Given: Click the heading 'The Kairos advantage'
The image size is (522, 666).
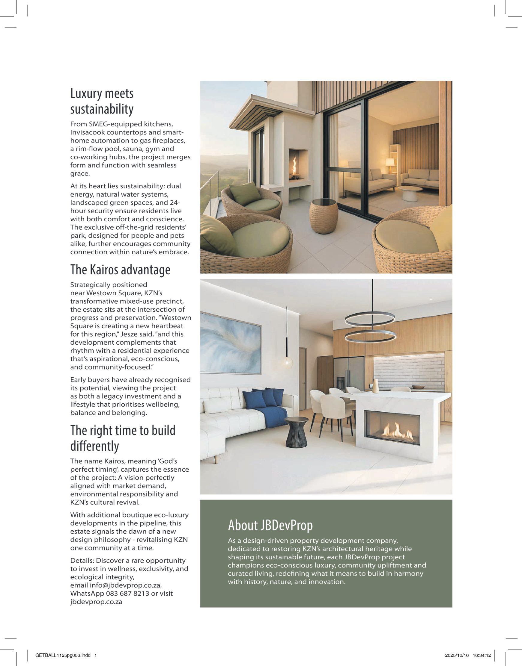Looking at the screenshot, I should (120, 270).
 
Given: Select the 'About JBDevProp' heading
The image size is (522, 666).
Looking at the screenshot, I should (270, 525).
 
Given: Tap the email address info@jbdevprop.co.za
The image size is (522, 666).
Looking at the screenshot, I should (125, 585).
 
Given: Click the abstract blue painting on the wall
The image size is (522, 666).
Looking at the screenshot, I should (231, 343).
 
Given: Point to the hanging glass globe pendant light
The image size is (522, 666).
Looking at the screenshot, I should (287, 363).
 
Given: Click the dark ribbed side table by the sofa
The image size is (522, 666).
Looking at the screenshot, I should (296, 432).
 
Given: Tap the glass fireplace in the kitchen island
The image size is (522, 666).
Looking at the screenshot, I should (392, 427).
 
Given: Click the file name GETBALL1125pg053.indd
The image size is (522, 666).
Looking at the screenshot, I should (63, 655).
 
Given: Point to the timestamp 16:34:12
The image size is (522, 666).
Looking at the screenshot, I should (482, 655).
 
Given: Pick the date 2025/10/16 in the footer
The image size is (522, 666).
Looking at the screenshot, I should (457, 655).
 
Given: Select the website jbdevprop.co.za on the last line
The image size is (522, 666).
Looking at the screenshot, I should (96, 602).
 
